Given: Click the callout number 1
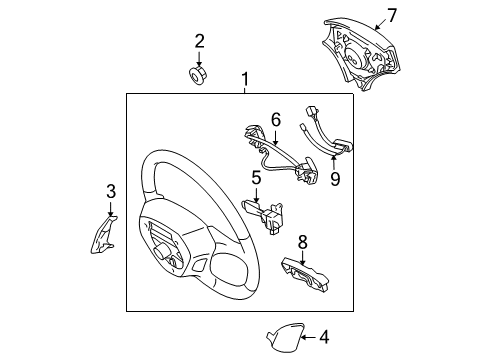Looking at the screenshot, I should click(244, 79).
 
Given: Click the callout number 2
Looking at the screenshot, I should click(199, 41).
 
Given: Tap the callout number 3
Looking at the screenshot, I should click(111, 191).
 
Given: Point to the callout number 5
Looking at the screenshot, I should click(256, 179).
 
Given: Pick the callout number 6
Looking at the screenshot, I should click(276, 119).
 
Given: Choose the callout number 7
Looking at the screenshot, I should click(392, 15).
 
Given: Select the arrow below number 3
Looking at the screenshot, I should click(111, 207).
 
